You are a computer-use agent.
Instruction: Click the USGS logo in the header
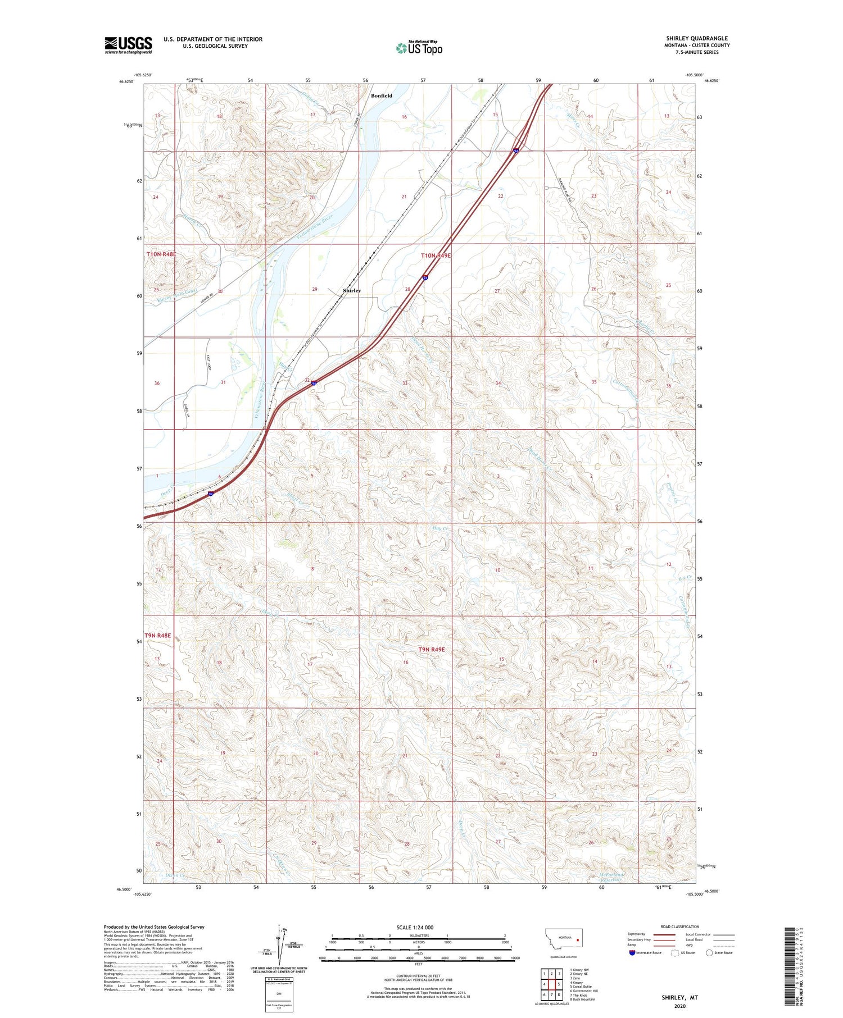tap(128, 45)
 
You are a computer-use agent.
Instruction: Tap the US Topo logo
tap(419, 48)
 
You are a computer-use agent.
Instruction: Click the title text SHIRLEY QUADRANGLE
tap(697, 38)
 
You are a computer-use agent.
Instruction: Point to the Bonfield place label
tap(382, 95)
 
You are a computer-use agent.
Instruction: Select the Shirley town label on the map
tap(352, 290)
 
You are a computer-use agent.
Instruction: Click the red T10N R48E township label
tap(161, 254)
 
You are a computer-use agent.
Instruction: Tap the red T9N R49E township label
tap(431, 649)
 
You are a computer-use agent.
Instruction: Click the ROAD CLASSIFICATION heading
tap(680, 926)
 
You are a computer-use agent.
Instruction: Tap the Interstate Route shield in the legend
tap(632, 953)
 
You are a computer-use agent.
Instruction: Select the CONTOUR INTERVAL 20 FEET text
tap(418, 976)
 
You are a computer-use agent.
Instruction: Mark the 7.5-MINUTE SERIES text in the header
tap(697, 52)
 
